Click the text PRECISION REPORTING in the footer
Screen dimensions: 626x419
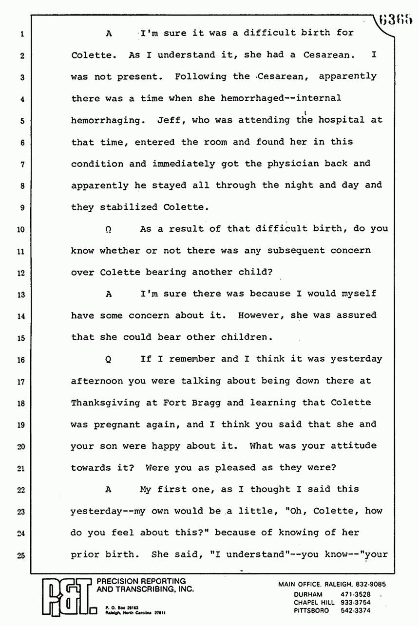141,581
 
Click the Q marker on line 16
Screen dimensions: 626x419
108,360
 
